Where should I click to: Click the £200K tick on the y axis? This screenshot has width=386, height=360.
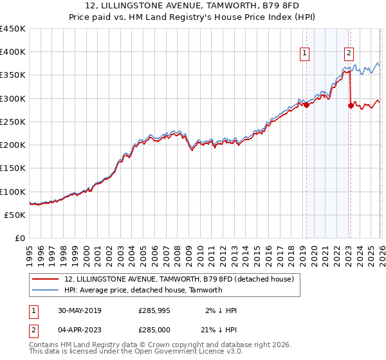(x=13, y=145)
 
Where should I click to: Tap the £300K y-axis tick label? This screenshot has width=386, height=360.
(x=13, y=98)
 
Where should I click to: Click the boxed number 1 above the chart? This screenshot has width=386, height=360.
(x=304, y=54)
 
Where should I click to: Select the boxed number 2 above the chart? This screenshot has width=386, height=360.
(x=349, y=54)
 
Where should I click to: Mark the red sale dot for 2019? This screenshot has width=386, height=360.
(x=306, y=105)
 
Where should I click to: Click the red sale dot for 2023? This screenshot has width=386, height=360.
(x=351, y=106)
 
